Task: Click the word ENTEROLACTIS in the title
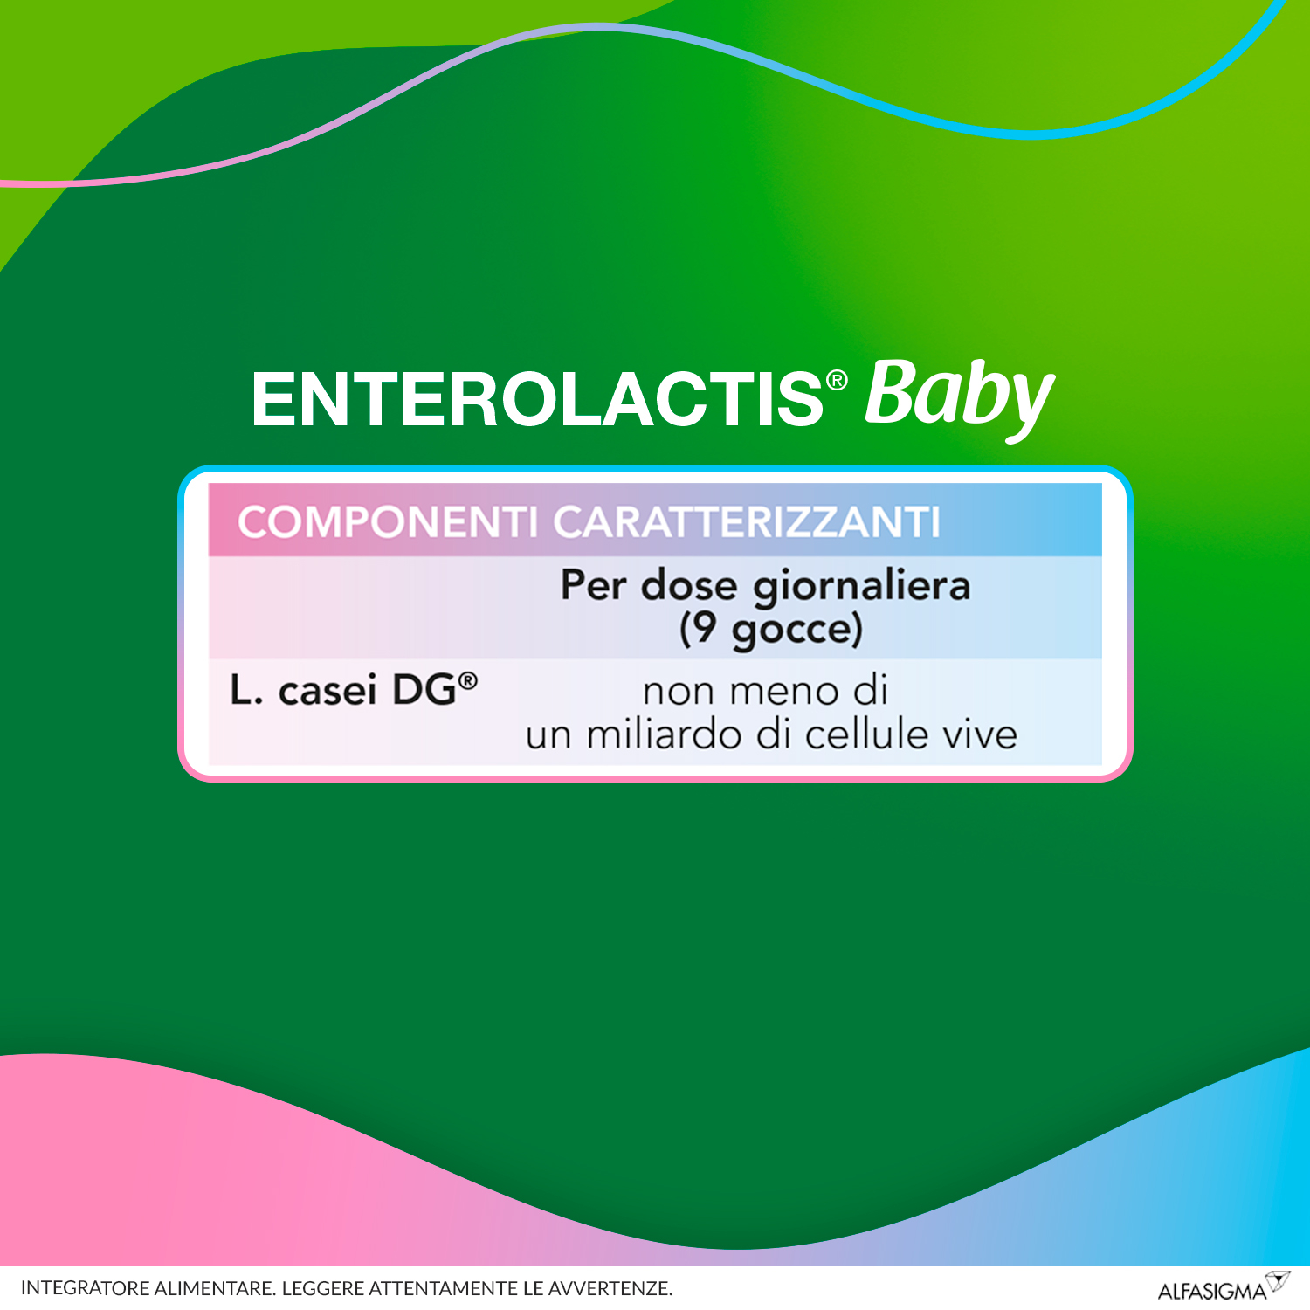coord(536,400)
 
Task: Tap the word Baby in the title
coord(959,395)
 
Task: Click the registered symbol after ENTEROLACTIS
coord(837,380)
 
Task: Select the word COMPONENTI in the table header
coord(387,522)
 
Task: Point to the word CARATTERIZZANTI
coord(747,522)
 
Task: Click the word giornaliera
coord(861,585)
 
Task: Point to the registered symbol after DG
coord(468,680)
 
